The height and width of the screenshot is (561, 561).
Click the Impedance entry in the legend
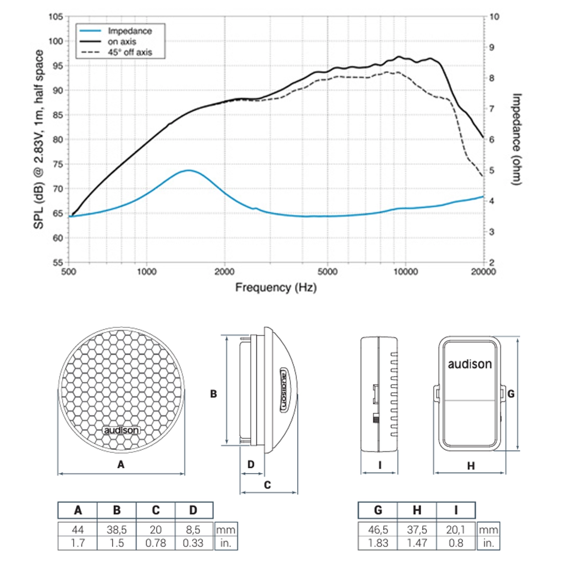(129, 31)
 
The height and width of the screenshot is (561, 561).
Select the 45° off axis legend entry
(130, 52)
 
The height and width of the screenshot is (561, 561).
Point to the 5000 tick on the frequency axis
(327, 272)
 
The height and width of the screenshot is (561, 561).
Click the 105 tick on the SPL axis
(56, 17)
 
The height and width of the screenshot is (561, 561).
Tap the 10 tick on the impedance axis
(494, 17)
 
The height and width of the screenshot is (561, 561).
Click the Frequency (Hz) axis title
(276, 288)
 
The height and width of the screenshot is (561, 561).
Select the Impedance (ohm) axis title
(517, 139)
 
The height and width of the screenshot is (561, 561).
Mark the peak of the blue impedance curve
(189, 170)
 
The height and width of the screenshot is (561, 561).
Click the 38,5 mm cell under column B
(117, 529)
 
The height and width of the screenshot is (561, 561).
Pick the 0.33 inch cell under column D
(193, 543)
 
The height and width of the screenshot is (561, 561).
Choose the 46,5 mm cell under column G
(378, 529)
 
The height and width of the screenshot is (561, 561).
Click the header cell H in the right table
(417, 510)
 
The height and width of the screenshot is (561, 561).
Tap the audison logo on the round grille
(121, 430)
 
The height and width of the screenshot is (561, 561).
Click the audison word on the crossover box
(469, 364)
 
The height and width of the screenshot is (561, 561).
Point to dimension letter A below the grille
(121, 464)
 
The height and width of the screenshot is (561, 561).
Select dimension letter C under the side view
(267, 485)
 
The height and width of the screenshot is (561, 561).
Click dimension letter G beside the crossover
(511, 394)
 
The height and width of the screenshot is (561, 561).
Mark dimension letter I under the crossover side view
(380, 465)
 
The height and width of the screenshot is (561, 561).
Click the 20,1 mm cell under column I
(456, 529)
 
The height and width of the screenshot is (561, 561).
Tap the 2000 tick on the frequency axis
(224, 272)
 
